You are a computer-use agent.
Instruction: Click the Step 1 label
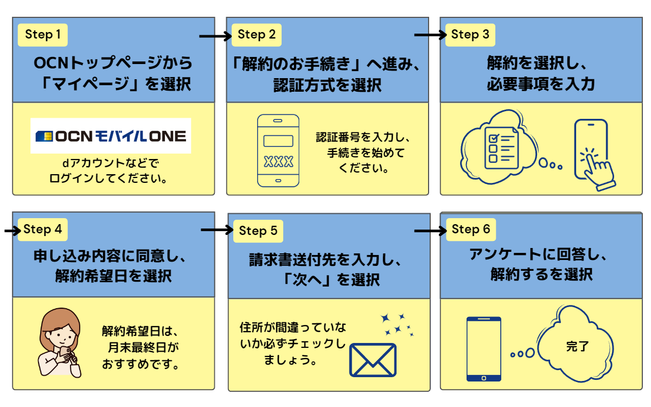coord(43,35)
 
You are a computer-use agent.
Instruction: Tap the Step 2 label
coord(257,35)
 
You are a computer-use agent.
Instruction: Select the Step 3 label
coord(470,35)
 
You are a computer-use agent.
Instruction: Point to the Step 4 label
coord(43,230)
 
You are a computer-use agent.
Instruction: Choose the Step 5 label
coord(258,231)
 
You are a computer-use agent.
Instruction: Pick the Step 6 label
coord(471,230)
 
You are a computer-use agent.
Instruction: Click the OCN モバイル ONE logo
coord(111,136)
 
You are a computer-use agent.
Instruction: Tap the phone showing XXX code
coord(278,150)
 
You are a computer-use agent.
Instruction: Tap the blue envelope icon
coord(373,359)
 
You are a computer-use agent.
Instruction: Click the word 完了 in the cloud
coord(577,346)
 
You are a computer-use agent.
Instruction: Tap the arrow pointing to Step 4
coord(11,231)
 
